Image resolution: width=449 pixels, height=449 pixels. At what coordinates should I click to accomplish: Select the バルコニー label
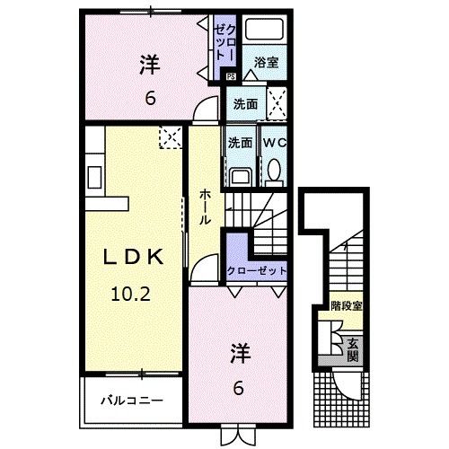(131, 399)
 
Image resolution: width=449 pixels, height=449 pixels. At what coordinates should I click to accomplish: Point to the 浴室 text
(265, 63)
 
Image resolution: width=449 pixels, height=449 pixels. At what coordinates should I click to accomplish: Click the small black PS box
(231, 76)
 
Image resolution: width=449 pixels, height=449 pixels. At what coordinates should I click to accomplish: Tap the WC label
(274, 142)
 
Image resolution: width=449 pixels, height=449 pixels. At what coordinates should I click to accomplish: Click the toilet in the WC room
(274, 169)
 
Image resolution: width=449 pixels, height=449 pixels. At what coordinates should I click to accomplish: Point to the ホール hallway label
(206, 207)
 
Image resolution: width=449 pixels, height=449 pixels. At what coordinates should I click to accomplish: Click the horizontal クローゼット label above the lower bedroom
(257, 270)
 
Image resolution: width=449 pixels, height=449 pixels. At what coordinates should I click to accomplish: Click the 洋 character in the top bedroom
(149, 65)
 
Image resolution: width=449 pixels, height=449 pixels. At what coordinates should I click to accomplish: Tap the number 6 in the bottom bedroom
(238, 388)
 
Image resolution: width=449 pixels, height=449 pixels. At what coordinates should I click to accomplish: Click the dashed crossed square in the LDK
(170, 137)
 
